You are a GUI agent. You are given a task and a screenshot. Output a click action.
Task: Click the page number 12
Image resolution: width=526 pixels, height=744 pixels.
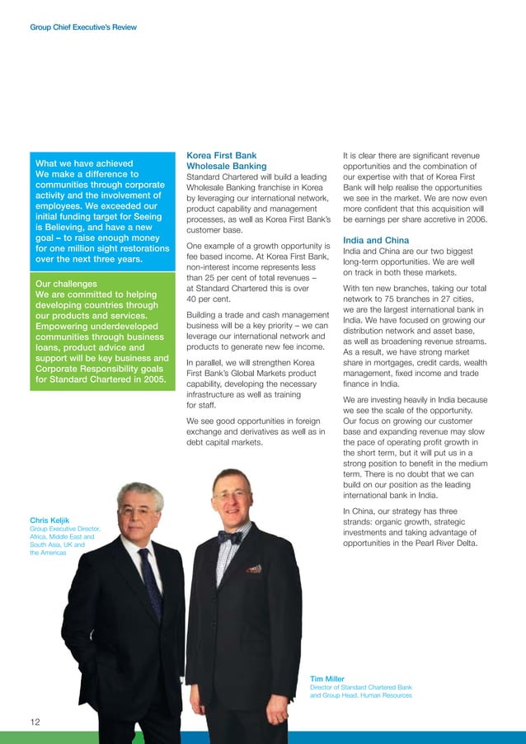tap(35, 723)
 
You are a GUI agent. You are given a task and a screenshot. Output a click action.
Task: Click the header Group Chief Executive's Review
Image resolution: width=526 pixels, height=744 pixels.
tap(82, 27)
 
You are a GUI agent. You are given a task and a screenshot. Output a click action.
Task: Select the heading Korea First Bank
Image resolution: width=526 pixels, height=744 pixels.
tap(222, 155)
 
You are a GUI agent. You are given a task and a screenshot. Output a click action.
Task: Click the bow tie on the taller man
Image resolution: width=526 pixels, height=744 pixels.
tap(230, 536)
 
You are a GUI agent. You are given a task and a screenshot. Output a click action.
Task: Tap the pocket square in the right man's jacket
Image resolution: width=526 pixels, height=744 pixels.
tap(255, 568)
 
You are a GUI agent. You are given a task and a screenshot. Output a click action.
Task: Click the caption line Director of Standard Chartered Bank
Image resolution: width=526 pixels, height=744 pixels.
tap(360, 687)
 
